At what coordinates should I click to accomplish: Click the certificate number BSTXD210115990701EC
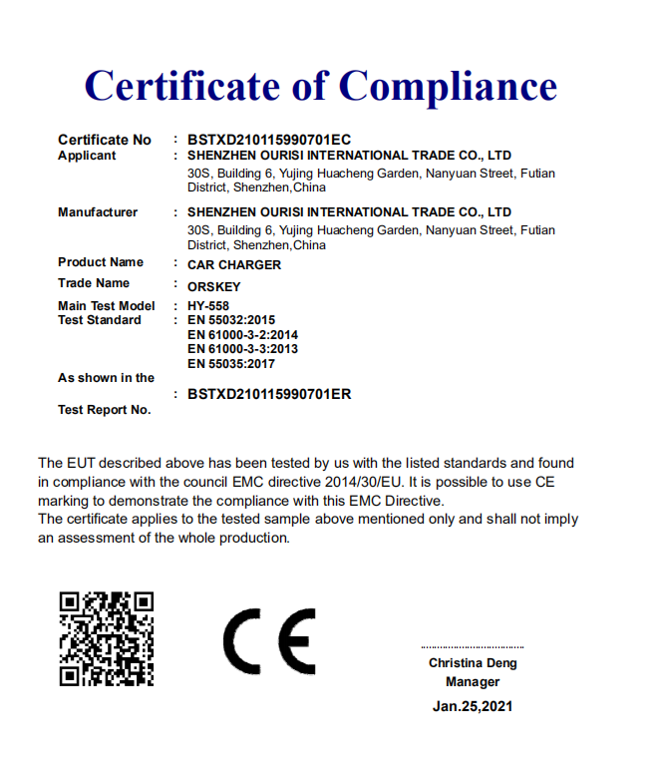[269, 140]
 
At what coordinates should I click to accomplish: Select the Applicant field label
[87, 156]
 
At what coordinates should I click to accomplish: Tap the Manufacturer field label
[98, 212]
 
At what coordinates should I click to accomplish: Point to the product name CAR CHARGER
[234, 265]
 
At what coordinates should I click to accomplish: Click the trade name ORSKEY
[214, 286]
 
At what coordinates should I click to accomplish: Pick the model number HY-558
[209, 306]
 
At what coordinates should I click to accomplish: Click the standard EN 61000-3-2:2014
[242, 335]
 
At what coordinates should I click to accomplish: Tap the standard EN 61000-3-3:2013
[242, 349]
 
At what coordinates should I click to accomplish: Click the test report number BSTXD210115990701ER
[269, 394]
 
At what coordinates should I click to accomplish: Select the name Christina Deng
[473, 663]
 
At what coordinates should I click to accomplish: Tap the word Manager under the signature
[473, 682]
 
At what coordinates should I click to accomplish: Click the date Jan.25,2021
[473, 706]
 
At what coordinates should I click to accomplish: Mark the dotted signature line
[472, 647]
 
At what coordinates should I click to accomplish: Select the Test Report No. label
[105, 410]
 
